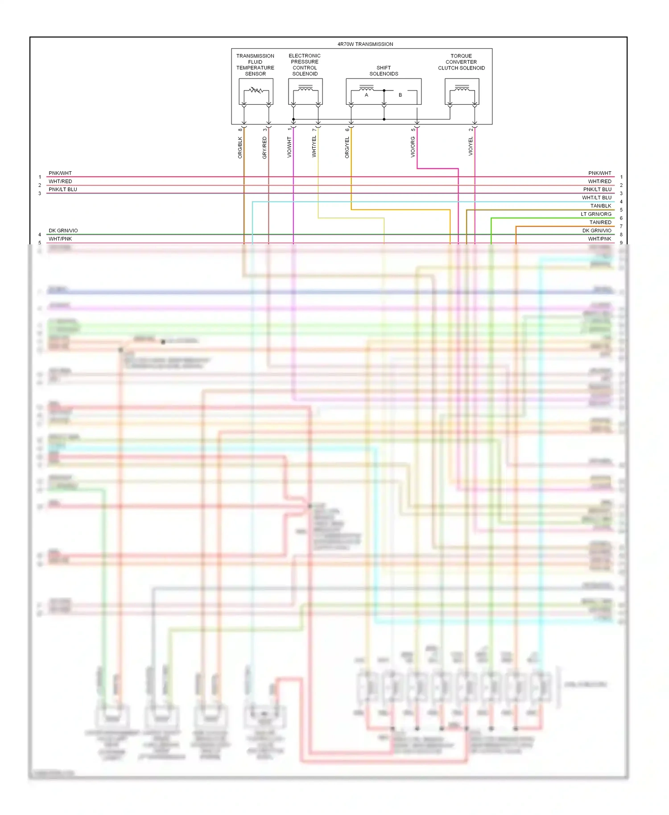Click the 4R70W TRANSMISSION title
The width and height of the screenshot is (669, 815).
[365, 44]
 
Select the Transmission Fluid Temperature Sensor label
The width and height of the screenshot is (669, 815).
[255, 65]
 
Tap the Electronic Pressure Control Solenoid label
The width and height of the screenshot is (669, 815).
[305, 65]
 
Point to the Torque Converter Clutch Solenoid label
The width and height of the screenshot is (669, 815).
[461, 62]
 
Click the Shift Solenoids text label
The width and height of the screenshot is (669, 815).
[384, 71]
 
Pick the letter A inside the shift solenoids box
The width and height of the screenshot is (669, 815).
[367, 95]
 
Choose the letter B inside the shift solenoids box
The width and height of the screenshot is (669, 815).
[400, 95]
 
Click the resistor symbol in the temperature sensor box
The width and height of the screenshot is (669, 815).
[256, 90]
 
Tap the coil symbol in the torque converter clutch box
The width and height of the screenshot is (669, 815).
[462, 89]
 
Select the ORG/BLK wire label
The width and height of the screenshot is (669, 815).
[240, 148]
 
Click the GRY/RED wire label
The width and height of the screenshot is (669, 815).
[264, 148]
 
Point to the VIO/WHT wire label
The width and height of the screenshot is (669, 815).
[289, 147]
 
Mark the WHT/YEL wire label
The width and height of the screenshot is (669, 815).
[314, 147]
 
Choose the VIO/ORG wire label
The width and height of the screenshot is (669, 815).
[413, 147]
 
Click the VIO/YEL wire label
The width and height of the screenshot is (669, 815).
[471, 147]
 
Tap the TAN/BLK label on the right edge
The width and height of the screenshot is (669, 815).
[600, 206]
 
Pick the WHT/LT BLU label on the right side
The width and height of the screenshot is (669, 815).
[596, 198]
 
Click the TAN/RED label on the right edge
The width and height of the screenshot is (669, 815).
[600, 222]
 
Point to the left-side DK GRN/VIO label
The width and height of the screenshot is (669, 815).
[63, 231]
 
